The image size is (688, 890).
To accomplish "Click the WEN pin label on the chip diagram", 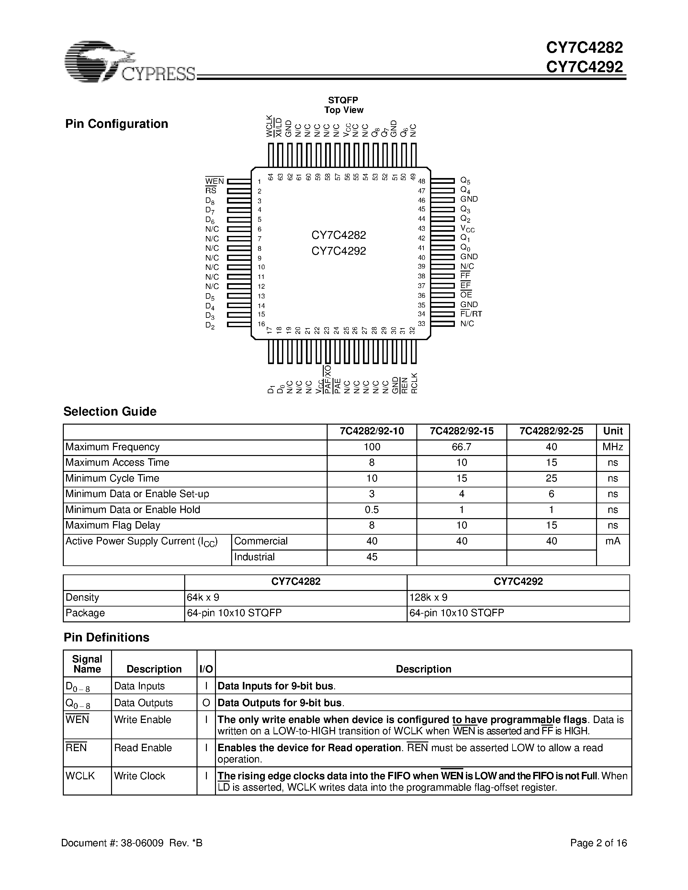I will click(214, 181).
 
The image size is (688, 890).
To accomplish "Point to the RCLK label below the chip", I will click(414, 383).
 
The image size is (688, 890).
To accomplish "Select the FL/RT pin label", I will click(471, 314).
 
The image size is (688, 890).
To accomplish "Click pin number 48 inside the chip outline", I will click(422, 181).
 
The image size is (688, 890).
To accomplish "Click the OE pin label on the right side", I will click(466, 295).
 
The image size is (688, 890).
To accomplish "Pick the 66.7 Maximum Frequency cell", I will click(461, 447).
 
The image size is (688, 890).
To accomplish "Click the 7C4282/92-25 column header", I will click(551, 431).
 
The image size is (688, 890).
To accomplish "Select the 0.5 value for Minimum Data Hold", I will click(372, 510).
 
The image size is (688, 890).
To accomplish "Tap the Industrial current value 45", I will click(372, 557).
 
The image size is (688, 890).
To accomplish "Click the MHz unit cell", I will click(613, 447).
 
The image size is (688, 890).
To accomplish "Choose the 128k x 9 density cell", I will click(428, 597).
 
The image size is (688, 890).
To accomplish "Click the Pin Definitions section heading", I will click(107, 637).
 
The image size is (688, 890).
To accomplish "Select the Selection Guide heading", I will click(110, 412).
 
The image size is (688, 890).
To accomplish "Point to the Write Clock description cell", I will click(140, 776).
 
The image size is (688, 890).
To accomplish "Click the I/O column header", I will click(206, 669).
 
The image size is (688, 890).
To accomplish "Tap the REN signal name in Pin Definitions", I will click(76, 748).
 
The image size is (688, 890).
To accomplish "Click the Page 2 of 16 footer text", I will click(598, 843).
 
